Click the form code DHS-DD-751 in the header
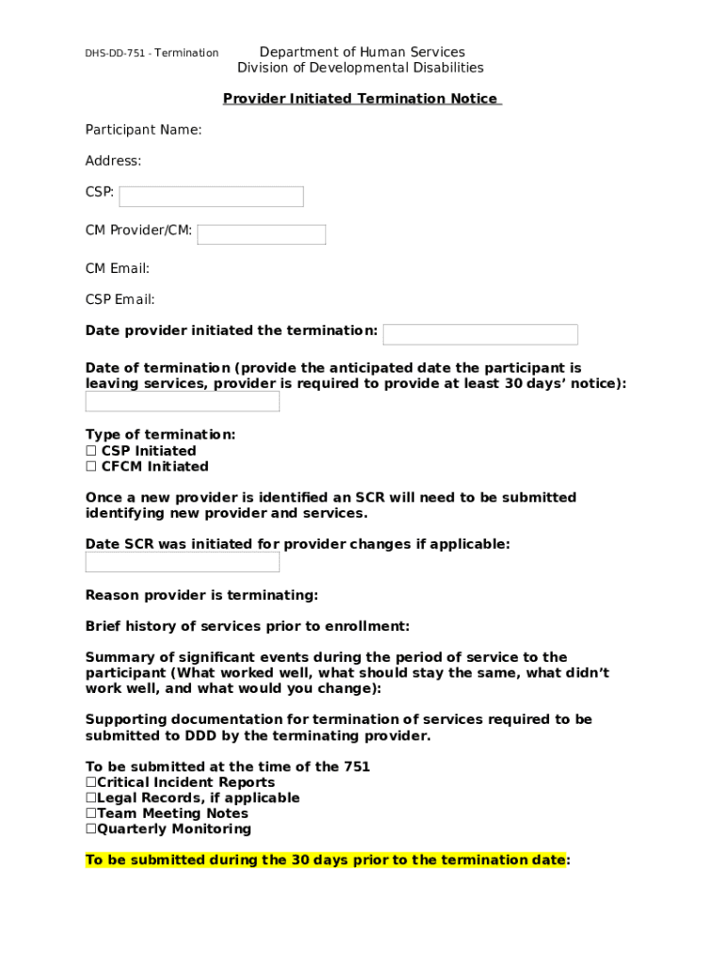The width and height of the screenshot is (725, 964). (x=118, y=53)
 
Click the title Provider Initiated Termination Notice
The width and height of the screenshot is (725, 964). (x=361, y=99)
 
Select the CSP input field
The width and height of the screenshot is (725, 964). (x=211, y=197)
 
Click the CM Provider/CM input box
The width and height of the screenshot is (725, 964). (x=261, y=234)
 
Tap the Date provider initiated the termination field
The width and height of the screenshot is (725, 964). (x=480, y=334)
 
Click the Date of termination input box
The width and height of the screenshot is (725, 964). (x=183, y=402)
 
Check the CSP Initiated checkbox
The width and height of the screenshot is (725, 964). (x=91, y=451)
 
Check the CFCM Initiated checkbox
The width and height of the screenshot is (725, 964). (x=91, y=467)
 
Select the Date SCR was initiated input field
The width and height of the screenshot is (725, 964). (x=183, y=562)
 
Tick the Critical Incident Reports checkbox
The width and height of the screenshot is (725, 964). (x=91, y=782)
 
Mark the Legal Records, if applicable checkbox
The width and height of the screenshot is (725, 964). (x=91, y=798)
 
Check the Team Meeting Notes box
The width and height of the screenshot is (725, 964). (x=91, y=813)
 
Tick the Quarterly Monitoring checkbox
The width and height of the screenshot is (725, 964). (x=91, y=829)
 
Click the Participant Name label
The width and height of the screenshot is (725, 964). (x=143, y=130)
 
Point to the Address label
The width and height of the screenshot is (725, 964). (x=113, y=161)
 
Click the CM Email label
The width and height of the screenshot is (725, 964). (x=118, y=268)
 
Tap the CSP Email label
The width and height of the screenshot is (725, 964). (x=120, y=299)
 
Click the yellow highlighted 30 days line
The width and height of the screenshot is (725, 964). (x=327, y=860)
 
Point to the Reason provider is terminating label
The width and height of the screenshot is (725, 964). (x=201, y=595)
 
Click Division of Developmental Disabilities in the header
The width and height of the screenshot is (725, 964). (x=361, y=68)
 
